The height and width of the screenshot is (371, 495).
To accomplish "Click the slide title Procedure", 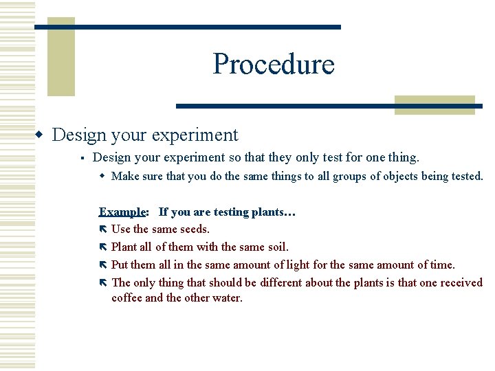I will tap(274, 64).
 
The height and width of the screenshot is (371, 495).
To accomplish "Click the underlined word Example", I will tap(122, 212).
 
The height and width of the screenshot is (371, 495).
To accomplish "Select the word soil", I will tap(276, 247).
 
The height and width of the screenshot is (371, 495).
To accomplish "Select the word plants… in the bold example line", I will tap(274, 212).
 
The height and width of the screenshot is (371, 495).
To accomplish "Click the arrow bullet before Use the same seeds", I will tap(103, 229).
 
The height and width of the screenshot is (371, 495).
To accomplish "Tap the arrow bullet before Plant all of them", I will tap(103, 247).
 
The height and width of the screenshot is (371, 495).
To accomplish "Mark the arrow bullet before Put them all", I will tap(103, 265).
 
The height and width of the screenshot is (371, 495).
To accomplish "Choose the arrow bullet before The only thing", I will tap(103, 282).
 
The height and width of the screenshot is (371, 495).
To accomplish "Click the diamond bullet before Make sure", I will tap(102, 177).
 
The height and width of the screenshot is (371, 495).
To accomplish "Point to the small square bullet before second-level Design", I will tap(81, 158).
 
